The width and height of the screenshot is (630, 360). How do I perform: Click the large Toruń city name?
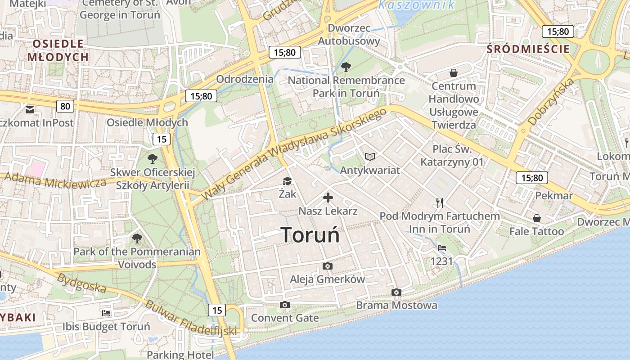point(310,235)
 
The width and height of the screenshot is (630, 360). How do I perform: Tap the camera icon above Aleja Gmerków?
point(328,266)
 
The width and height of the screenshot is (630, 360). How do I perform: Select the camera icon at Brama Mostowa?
point(396,292)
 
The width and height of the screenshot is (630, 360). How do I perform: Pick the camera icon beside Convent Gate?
point(284,305)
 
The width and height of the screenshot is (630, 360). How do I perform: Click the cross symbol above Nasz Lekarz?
point(328,198)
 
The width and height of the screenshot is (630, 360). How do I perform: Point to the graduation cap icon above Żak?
point(287,181)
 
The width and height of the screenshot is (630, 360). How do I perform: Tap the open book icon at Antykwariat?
point(370,157)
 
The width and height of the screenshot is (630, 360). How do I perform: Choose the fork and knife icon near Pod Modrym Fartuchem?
point(440,203)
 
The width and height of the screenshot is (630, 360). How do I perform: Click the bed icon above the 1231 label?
point(442,248)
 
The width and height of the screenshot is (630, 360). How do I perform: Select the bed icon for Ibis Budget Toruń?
point(106,313)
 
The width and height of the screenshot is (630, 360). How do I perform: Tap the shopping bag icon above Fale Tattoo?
point(537,218)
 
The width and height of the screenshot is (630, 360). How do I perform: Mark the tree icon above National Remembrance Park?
point(346,67)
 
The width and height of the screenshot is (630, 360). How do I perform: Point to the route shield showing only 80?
point(65,106)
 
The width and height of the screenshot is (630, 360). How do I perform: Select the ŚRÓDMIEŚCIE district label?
point(528,49)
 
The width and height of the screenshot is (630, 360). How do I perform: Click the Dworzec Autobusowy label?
point(349,35)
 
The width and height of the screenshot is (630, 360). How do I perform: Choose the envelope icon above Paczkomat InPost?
point(30,110)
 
